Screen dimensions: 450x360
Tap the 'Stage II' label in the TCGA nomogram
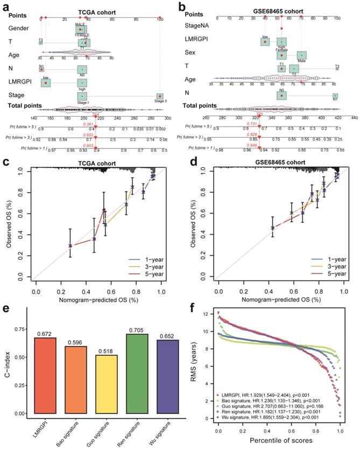[159, 100]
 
